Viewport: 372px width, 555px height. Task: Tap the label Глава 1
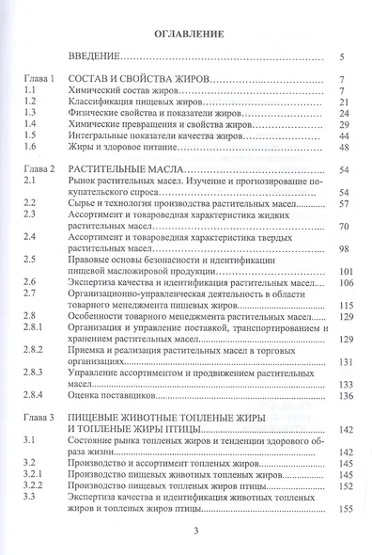click(40, 79)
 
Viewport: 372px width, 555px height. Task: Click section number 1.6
click(30, 148)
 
